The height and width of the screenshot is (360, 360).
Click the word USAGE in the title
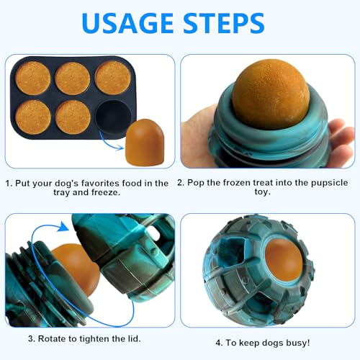pyautogui.click(x=130, y=24)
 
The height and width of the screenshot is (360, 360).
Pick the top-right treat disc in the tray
pyautogui.click(x=112, y=77)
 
